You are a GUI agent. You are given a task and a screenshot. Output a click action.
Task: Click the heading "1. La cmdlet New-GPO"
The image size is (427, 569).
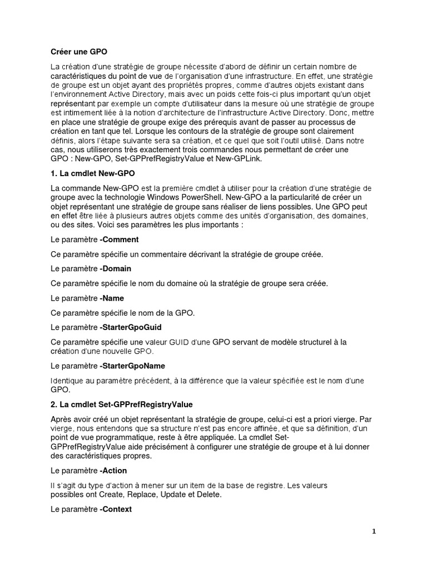click(92, 174)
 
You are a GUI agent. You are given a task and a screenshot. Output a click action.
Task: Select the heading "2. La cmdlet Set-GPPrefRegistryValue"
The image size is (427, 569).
click(121, 403)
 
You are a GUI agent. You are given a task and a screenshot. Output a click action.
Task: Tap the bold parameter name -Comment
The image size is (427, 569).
click(119, 239)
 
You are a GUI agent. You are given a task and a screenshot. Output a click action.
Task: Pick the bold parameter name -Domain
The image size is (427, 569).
click(116, 268)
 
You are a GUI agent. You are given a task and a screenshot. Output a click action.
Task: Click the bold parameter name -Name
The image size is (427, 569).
click(112, 298)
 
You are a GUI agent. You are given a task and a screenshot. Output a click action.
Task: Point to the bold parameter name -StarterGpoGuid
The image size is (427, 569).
click(131, 327)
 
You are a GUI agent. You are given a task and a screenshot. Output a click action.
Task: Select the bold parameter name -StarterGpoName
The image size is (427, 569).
click(132, 366)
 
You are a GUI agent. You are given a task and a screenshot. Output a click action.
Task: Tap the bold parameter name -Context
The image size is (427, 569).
click(116, 509)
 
